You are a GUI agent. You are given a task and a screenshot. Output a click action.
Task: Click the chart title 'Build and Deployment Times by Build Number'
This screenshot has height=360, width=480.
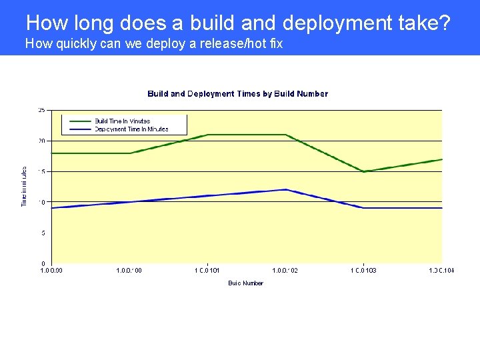237,94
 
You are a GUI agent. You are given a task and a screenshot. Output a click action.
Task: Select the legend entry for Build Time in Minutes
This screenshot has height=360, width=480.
122,121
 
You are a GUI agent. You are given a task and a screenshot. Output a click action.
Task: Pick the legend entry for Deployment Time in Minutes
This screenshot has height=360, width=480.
131,129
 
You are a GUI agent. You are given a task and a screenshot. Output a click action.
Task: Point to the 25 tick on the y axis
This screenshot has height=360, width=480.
41,110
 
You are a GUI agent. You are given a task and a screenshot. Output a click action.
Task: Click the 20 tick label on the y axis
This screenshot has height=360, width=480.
41,141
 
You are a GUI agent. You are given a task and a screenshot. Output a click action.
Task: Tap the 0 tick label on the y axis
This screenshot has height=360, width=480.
43,263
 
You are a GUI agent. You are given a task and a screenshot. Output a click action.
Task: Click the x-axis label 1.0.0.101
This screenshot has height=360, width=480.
207,271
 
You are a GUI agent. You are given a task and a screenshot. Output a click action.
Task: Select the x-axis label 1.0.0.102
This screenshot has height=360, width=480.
285,271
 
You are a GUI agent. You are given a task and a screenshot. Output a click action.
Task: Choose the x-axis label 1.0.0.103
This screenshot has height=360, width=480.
363,271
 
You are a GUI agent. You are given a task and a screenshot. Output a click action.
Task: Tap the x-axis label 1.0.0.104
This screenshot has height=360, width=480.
441,271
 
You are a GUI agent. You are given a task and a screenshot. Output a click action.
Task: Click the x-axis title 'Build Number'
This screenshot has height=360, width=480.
245,283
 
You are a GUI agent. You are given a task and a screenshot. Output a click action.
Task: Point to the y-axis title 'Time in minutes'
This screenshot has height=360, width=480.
25,187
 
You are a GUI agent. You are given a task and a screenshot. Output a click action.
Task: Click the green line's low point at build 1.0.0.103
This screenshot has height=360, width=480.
364,171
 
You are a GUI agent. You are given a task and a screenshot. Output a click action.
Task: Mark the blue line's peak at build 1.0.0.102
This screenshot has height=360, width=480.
286,189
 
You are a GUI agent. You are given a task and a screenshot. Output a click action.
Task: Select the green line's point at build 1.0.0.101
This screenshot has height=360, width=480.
208,135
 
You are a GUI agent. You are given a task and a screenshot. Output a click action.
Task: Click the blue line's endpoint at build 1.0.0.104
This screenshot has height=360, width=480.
441,208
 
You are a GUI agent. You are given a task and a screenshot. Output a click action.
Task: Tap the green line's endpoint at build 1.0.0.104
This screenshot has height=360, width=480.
441,159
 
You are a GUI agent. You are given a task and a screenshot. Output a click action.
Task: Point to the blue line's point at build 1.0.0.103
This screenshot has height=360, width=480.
364,208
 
